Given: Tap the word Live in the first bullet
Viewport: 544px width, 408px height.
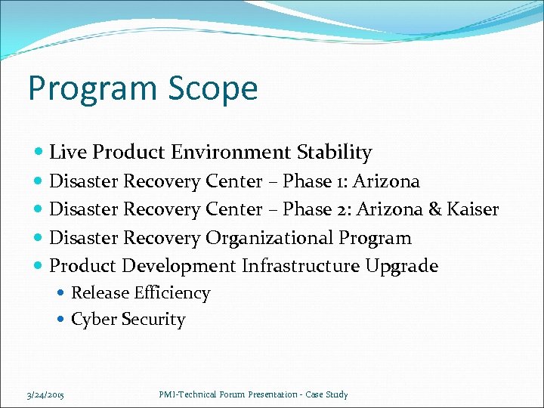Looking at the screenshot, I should click(x=66, y=153).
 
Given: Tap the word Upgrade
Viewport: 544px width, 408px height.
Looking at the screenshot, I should click(x=401, y=267).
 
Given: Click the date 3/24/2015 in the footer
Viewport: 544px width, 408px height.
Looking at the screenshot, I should click(x=45, y=394).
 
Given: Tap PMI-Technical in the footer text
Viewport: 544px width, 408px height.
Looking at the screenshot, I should click(x=187, y=394).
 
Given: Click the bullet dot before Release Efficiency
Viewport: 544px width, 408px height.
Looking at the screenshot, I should click(x=62, y=294).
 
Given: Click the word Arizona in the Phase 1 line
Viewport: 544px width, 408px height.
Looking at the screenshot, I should click(x=387, y=181).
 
